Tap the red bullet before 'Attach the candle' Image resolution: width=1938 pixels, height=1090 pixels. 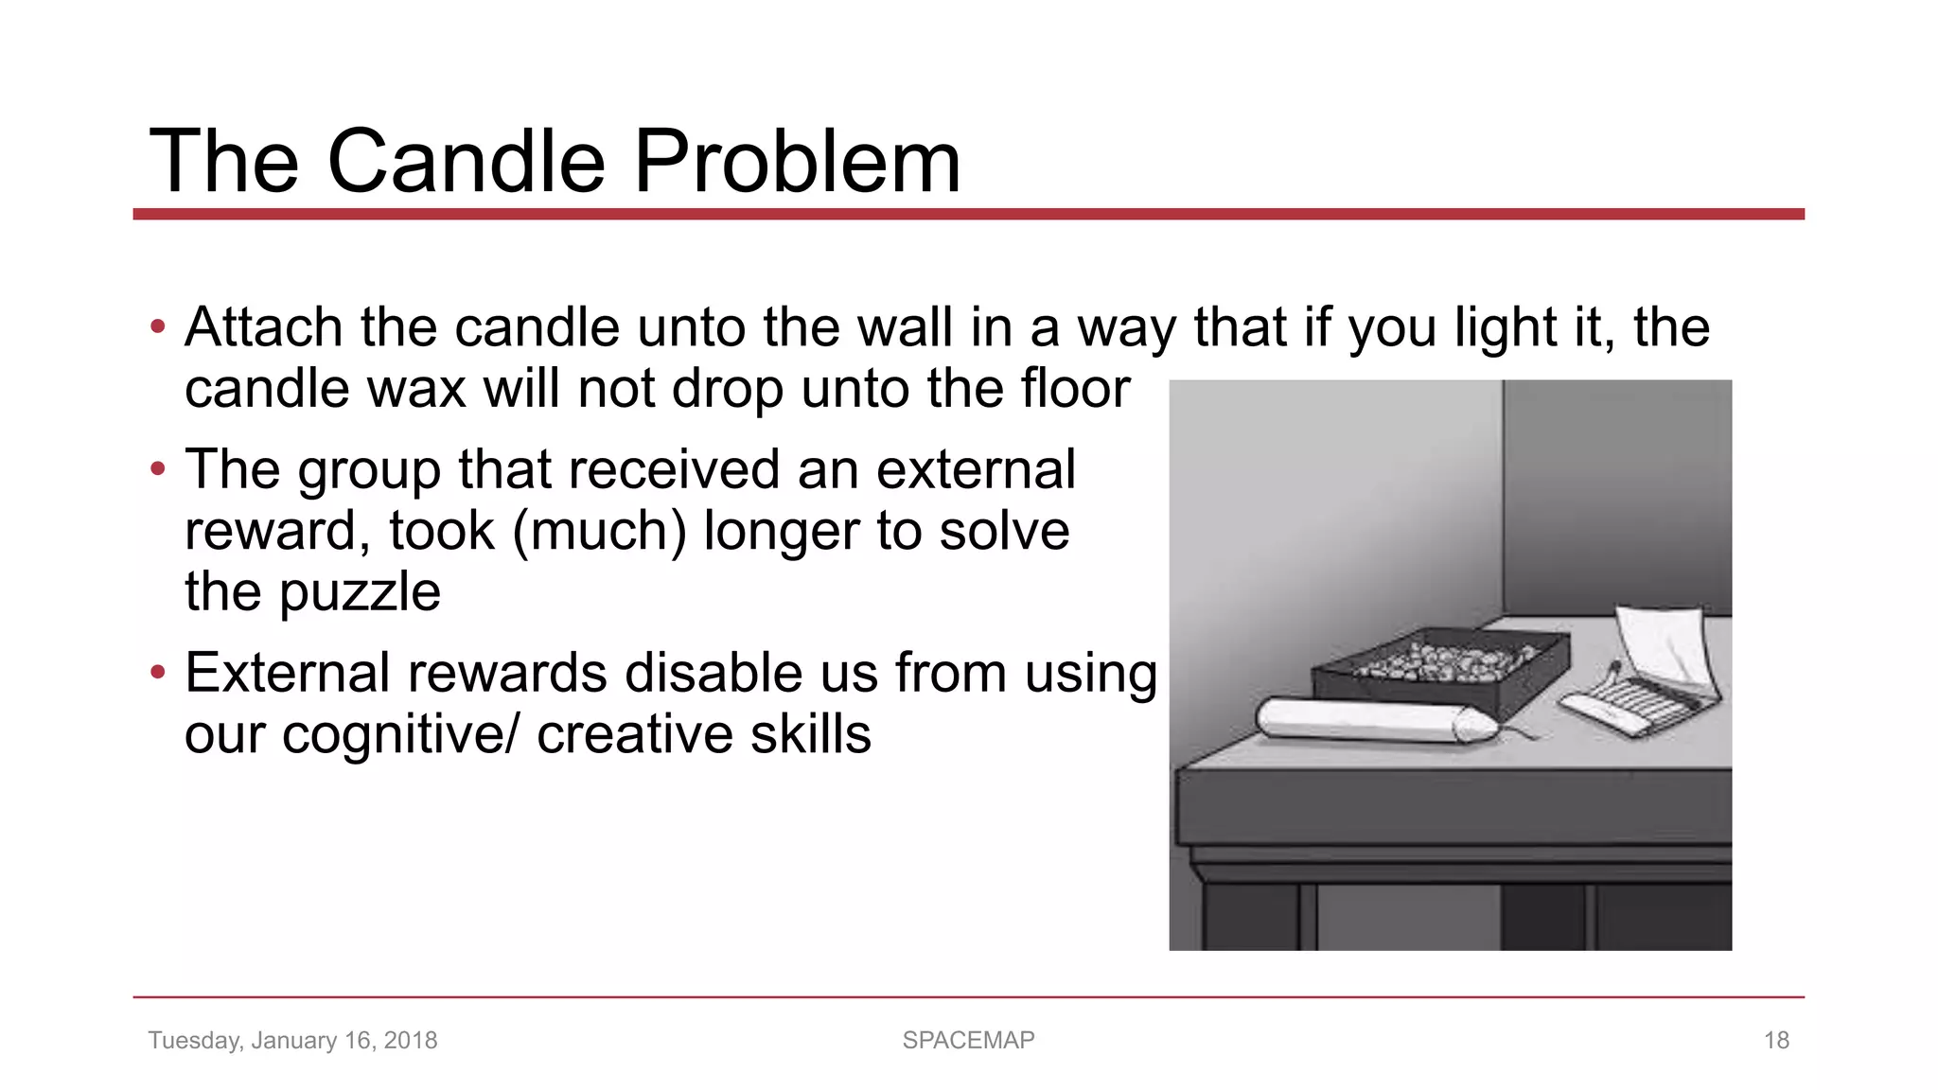[x=158, y=327]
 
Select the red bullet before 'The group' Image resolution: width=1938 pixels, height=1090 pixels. [x=158, y=468]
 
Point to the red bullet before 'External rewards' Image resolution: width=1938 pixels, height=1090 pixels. [x=158, y=673]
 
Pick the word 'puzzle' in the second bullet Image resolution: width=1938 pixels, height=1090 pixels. [x=360, y=593]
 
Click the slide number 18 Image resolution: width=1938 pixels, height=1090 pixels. [x=1776, y=1040]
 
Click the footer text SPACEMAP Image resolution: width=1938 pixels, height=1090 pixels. [x=968, y=1040]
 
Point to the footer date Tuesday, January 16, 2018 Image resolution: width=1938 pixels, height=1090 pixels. [x=292, y=1040]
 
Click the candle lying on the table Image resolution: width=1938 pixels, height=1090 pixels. [x=1363, y=720]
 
